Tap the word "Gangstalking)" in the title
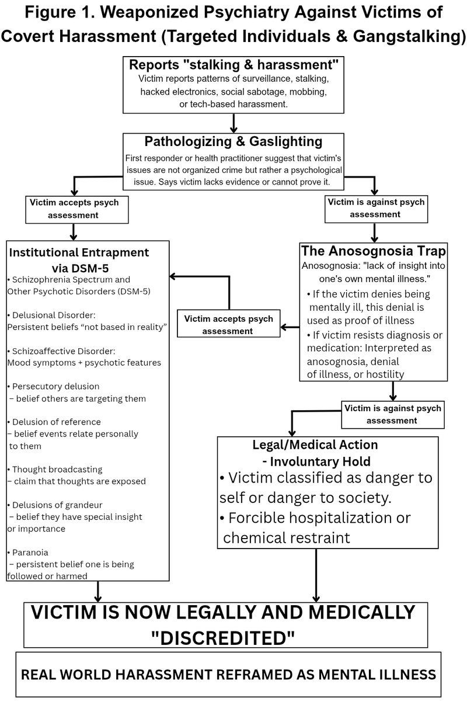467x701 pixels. point(403,35)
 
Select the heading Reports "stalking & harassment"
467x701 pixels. point(233,65)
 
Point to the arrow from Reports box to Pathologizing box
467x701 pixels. point(233,123)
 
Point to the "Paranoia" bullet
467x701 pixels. point(29,552)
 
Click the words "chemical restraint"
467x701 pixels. point(287,537)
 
